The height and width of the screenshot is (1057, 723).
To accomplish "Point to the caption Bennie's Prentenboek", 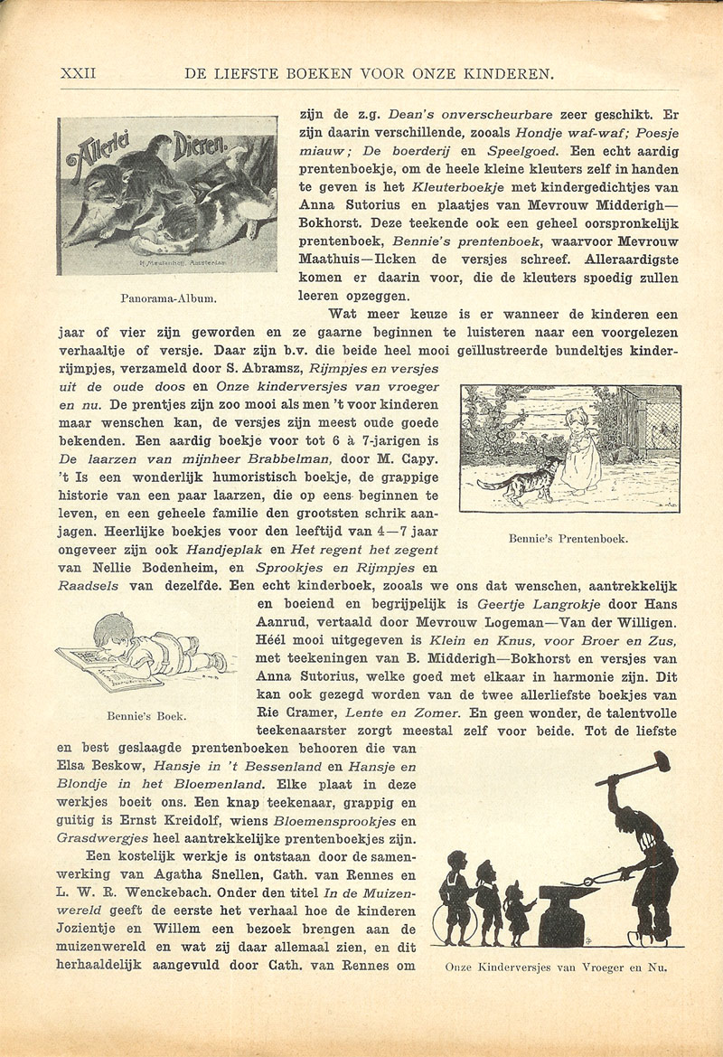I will [568, 540].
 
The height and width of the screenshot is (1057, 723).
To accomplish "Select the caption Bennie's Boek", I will [147, 716].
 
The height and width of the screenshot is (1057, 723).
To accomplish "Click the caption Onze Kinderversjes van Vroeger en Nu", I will [557, 967].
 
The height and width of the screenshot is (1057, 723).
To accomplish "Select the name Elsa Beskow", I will [98, 766].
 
